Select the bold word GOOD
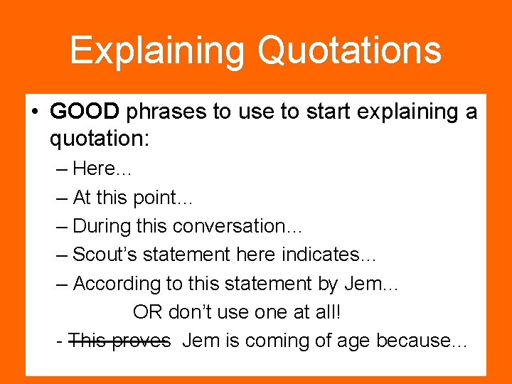(x=85, y=112)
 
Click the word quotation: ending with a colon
(x=99, y=139)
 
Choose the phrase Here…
(x=102, y=169)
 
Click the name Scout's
(x=105, y=255)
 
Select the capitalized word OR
(x=147, y=312)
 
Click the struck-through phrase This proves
(x=119, y=341)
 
